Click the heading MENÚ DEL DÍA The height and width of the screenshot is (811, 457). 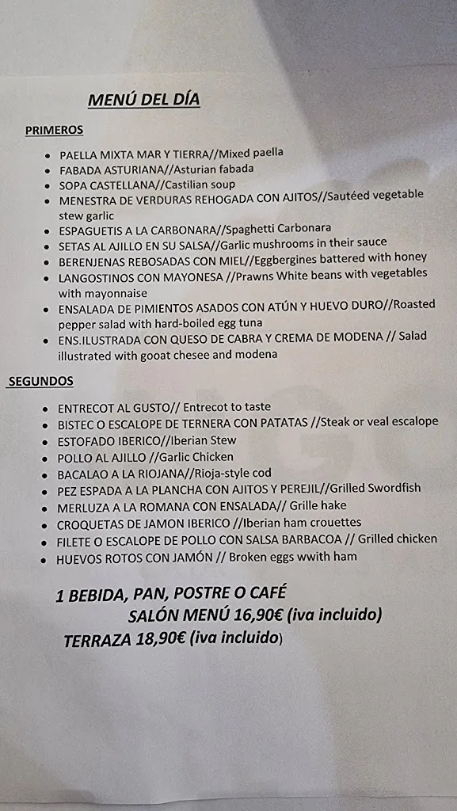[x=143, y=99]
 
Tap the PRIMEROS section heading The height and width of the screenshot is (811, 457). [x=54, y=129]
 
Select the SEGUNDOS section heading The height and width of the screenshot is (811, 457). [x=41, y=381]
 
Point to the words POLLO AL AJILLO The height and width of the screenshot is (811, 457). [x=101, y=457]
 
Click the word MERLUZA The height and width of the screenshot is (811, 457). [x=83, y=507]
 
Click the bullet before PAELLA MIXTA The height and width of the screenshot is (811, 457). [x=50, y=156]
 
